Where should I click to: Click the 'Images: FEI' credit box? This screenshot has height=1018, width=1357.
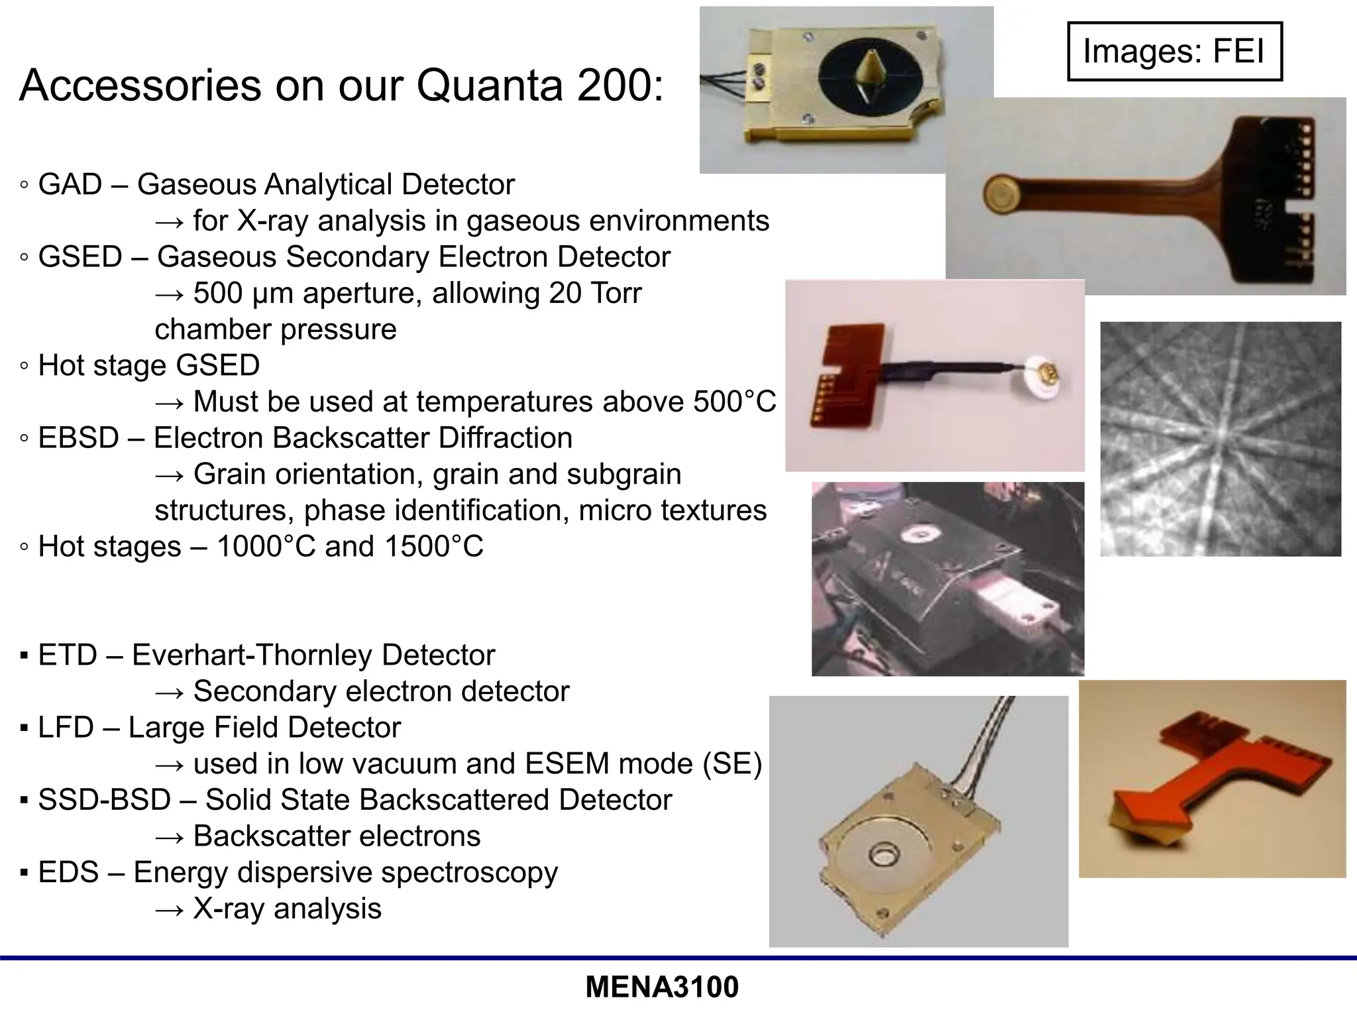tap(1174, 51)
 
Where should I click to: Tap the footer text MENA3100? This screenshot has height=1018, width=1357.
tap(662, 987)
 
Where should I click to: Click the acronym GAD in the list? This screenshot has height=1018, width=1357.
tap(70, 184)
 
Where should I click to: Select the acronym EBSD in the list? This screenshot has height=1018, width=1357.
tap(78, 437)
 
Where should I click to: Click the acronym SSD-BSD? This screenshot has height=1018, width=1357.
tap(104, 799)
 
